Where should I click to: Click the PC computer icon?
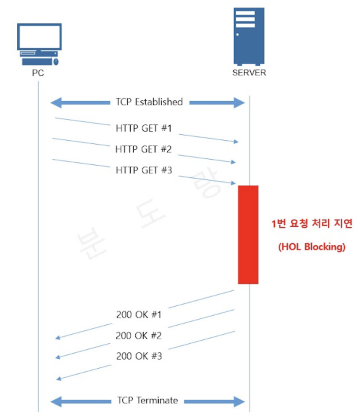point(39,44)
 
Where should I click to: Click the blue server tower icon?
point(249,36)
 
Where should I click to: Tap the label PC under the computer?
point(38,73)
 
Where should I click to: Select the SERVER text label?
point(249,73)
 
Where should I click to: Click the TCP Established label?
point(149,102)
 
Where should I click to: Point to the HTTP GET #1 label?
point(144,128)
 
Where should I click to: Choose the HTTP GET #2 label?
point(143,149)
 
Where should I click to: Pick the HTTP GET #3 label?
point(144,170)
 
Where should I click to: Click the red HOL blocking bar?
point(248,234)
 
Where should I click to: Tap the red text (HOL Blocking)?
point(312,247)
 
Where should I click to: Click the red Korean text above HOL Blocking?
point(312,224)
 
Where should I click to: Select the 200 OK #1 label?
point(139,315)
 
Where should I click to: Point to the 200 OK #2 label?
point(139,335)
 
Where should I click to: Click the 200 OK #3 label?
point(139,356)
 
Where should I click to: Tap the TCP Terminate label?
point(148,400)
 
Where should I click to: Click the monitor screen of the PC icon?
point(39,37)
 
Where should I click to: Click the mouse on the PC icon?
point(56,61)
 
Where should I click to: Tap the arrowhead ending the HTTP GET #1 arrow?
point(236,141)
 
